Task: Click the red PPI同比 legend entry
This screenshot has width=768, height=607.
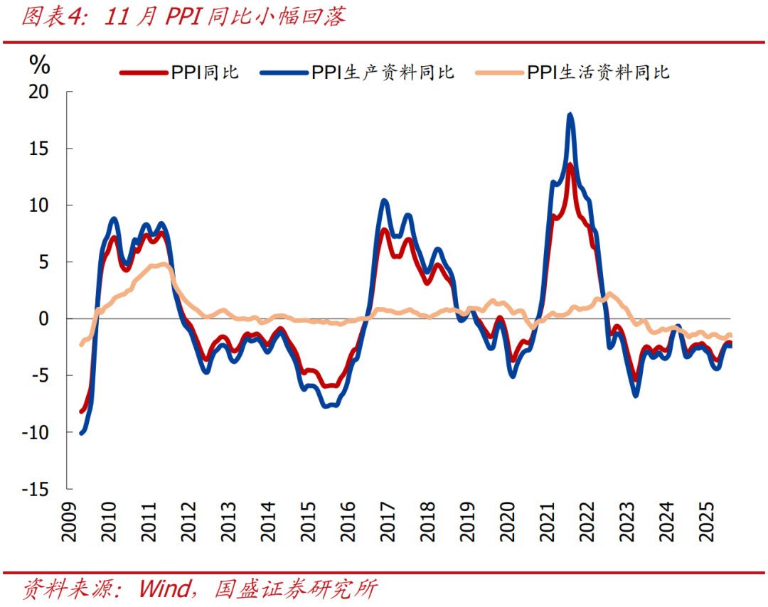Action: tap(178, 72)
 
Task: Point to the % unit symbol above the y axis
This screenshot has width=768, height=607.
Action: tap(39, 65)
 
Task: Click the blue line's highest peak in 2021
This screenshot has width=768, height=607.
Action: tap(570, 115)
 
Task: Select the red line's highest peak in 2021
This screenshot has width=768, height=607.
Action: tap(570, 166)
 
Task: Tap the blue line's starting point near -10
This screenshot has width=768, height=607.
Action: tap(82, 432)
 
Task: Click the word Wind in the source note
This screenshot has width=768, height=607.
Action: tap(164, 589)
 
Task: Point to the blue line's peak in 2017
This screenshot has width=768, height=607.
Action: tap(385, 201)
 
